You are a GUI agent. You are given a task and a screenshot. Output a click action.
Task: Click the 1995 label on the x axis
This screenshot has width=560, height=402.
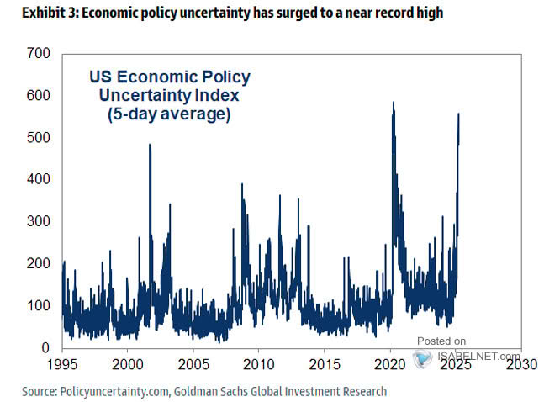(62, 366)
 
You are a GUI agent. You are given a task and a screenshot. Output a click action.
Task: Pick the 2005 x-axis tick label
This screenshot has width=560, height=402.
(193, 366)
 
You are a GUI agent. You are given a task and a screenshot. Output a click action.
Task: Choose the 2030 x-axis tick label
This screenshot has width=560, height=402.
(522, 366)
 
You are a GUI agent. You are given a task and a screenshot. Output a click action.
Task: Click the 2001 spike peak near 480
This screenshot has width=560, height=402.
(150, 145)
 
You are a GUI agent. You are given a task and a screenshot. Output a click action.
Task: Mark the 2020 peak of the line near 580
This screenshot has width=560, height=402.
(394, 103)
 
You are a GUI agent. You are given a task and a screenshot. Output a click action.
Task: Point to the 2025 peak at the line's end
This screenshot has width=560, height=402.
(458, 114)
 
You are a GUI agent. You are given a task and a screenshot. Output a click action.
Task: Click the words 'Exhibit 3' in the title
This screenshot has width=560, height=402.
(31, 12)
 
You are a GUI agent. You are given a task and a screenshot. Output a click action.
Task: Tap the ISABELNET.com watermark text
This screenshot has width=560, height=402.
(476, 355)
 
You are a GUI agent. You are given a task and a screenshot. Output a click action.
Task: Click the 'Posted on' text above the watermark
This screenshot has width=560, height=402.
(441, 341)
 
